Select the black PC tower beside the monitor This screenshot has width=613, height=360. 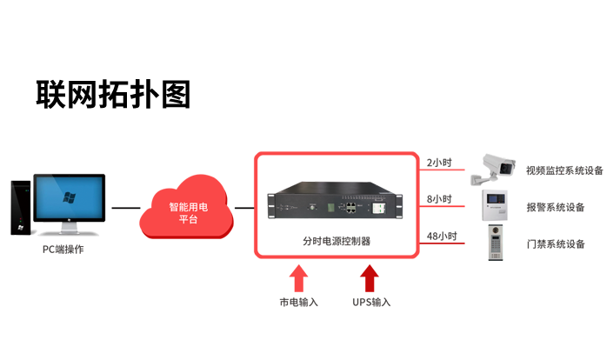click(x=21, y=205)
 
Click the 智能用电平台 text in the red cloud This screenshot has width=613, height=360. click(x=189, y=214)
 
